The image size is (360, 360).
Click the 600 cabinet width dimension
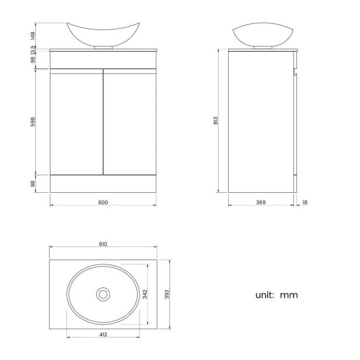[x=103, y=202]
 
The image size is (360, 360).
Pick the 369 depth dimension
[x=261, y=202]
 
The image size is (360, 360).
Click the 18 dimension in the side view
[x=305, y=202]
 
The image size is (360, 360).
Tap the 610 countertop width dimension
[x=103, y=244]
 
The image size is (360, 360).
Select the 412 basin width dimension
[x=103, y=333]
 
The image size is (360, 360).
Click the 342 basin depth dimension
[x=145, y=294]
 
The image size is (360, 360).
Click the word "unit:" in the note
[x=265, y=295]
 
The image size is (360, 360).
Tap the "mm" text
[x=289, y=295]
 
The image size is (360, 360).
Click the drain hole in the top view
[x=102, y=294]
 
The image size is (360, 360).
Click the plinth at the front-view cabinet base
[x=102, y=184]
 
